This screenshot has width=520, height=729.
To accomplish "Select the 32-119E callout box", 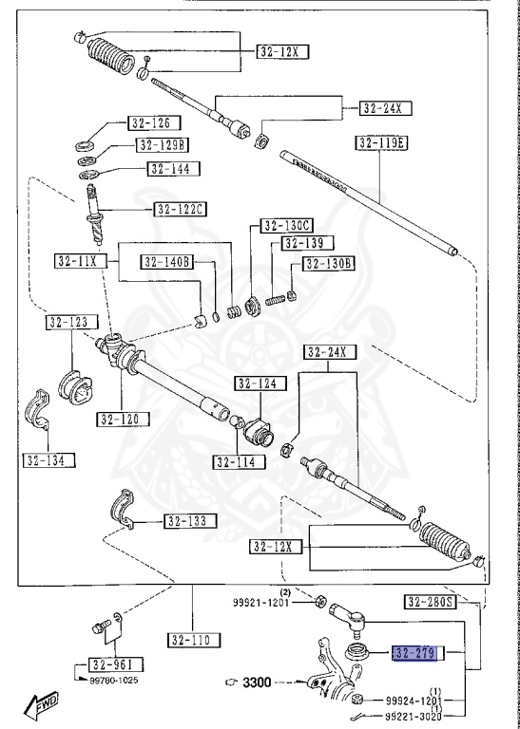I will [381, 142].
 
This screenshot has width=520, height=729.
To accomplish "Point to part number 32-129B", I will [163, 145].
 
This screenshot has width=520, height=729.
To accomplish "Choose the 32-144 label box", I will [169, 168].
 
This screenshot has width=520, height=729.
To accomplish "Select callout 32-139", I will [300, 244].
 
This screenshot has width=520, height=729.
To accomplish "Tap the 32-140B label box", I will [167, 262].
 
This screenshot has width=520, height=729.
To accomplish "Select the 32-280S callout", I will [430, 601].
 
